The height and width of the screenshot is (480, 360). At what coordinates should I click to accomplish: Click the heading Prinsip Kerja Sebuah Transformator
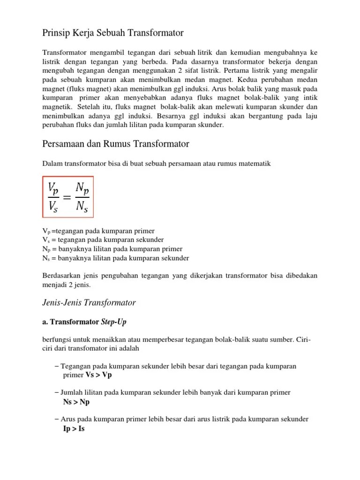pyautogui.click(x=113, y=33)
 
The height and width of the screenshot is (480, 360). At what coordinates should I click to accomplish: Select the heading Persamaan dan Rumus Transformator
pyautogui.click(x=116, y=144)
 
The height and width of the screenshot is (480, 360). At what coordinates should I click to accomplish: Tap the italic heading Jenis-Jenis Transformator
pyautogui.click(x=89, y=302)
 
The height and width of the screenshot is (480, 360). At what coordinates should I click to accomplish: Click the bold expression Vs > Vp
pyautogui.click(x=99, y=375)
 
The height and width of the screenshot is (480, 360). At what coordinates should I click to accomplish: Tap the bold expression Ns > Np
pyautogui.click(x=76, y=402)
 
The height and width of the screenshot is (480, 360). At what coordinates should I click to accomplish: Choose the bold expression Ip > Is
pyautogui.click(x=74, y=428)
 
